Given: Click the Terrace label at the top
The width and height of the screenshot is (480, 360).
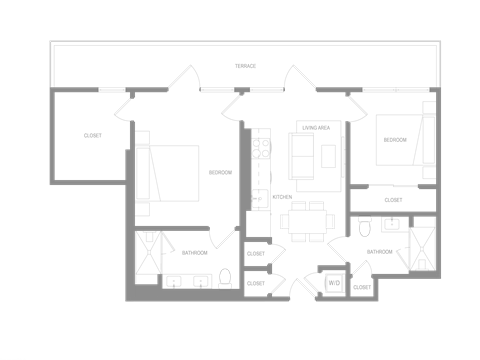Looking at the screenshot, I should click(x=244, y=66).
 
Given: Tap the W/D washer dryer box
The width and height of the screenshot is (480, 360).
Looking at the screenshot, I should click(x=333, y=283).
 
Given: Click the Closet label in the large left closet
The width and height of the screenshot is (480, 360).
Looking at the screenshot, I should click(x=92, y=134).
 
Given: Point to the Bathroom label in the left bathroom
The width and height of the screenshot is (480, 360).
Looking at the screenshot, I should click(x=195, y=253).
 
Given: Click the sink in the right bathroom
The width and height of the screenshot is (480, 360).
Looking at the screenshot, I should click(x=394, y=224).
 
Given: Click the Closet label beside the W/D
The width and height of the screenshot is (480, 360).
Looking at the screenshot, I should click(x=362, y=287).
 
